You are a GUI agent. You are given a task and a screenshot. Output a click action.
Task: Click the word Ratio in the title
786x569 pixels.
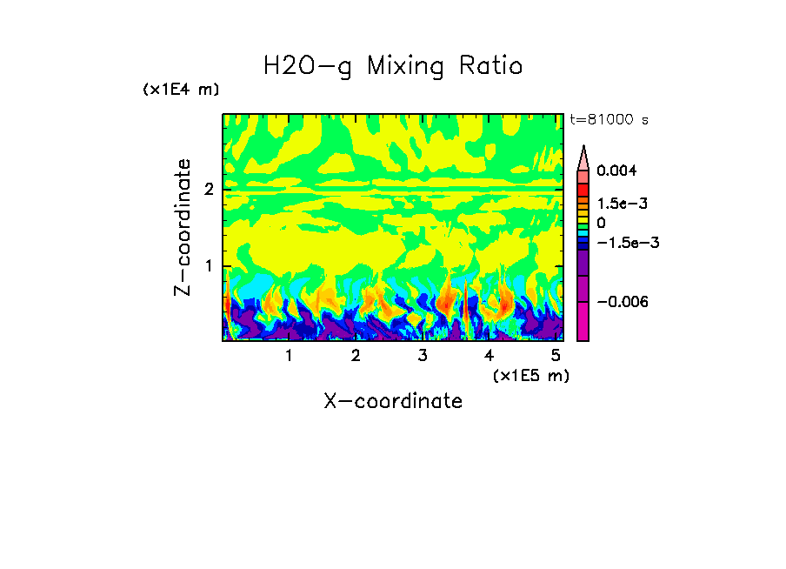pyautogui.click(x=491, y=65)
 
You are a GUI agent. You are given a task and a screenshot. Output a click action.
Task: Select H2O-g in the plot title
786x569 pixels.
pyautogui.click(x=308, y=66)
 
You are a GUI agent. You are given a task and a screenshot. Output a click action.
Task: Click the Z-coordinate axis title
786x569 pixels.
pyautogui.click(x=183, y=227)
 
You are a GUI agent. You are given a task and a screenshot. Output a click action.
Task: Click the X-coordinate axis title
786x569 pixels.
pyautogui.click(x=393, y=401)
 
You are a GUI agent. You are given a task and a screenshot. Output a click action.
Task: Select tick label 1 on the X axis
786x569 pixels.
pyautogui.click(x=289, y=356)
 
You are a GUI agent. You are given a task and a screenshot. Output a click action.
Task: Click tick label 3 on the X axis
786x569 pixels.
pyautogui.click(x=423, y=356)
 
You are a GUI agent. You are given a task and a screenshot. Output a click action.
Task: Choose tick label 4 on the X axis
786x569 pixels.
pyautogui.click(x=490, y=356)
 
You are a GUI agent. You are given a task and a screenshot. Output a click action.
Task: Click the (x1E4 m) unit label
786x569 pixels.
pyautogui.click(x=181, y=90)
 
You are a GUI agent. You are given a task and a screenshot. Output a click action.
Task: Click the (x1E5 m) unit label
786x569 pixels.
pyautogui.click(x=530, y=376)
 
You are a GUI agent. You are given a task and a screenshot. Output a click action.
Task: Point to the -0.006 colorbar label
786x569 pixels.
pyautogui.click(x=623, y=301)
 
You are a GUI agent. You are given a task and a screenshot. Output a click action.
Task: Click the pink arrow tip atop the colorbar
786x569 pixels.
pyautogui.click(x=583, y=156)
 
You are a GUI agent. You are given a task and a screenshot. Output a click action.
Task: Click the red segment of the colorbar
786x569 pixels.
pyautogui.click(x=583, y=189)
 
